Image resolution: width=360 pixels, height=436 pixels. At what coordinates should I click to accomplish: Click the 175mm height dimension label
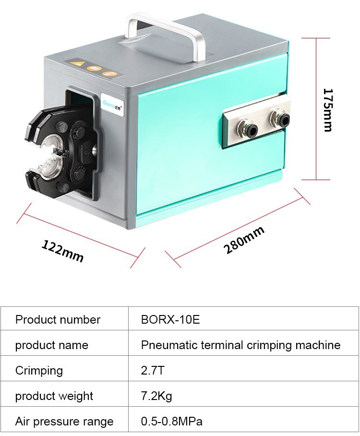[328, 110]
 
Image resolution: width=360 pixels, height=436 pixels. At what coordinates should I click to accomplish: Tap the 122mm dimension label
[62, 251]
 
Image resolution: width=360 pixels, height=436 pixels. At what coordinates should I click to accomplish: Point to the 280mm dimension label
[244, 240]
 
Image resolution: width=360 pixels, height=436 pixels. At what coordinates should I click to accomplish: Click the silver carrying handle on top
[166, 34]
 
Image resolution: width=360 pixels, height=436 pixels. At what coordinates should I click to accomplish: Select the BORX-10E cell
[170, 319]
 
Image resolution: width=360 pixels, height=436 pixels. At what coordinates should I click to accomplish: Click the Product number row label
[58, 319]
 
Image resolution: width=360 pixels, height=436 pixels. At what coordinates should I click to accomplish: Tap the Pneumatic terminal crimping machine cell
[240, 345]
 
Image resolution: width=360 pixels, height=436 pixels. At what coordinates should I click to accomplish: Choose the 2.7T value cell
[153, 370]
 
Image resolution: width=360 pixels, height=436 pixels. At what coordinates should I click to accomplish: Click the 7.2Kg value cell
[156, 396]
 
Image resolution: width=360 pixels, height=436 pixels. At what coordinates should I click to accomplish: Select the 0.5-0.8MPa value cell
[171, 421]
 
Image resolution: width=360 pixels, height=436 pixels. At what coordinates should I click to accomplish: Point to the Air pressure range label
[64, 422]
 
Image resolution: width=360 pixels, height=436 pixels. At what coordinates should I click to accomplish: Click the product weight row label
[54, 396]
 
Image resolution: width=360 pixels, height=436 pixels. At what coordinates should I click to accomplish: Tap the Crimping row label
[39, 371]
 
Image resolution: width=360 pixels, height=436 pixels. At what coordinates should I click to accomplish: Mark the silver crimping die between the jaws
[53, 155]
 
